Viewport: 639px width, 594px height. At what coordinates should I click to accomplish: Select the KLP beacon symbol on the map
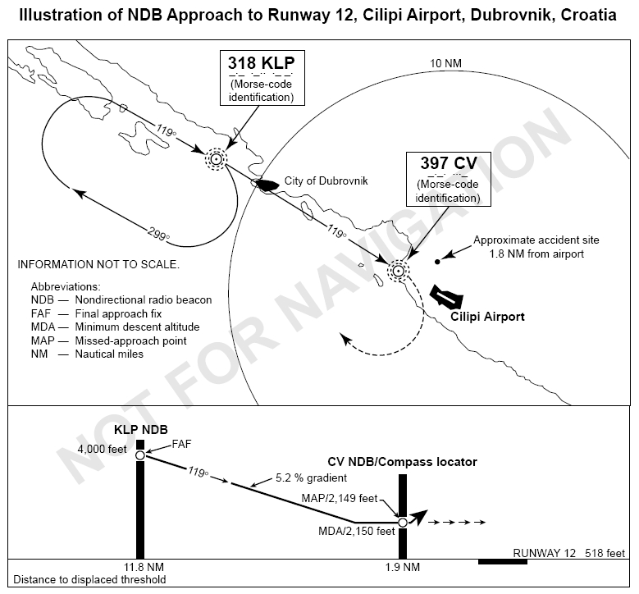coord(217,158)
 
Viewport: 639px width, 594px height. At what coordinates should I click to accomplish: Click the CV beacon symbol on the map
coord(398,270)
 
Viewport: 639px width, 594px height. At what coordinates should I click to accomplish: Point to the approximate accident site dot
coord(437,262)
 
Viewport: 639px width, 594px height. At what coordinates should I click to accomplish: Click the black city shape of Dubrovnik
coord(267,185)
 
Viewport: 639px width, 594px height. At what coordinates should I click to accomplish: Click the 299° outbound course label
coord(158,232)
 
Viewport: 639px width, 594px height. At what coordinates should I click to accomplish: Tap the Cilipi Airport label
coord(488,316)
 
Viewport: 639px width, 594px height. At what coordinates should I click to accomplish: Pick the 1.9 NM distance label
coord(402,567)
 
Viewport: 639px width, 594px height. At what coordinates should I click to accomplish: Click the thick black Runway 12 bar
coord(502,562)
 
